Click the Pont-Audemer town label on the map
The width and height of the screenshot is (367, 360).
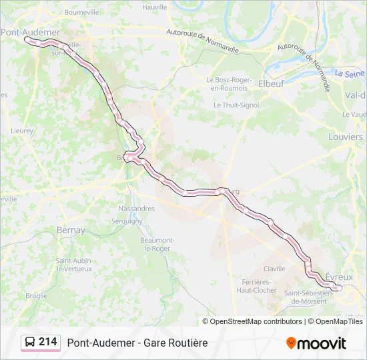pos(31,32)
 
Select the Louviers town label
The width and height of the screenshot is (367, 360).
pos(346,137)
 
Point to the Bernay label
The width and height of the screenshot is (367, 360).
pos(71,230)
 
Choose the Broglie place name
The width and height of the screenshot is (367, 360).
pos(36,295)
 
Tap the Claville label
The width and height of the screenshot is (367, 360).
pos(274,269)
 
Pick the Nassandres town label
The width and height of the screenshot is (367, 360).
pos(136,209)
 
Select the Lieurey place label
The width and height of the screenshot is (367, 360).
pos(22,131)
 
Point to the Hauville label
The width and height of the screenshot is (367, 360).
pos(155,7)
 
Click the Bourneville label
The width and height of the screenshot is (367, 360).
pos(81,11)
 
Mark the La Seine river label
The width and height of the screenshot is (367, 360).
pos(350,74)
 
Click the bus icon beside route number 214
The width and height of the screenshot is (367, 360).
pos(30,343)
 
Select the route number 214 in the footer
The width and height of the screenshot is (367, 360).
pos(47,342)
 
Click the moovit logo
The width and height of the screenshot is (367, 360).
pos(316,343)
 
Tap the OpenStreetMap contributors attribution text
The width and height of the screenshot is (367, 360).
pos(256,321)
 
